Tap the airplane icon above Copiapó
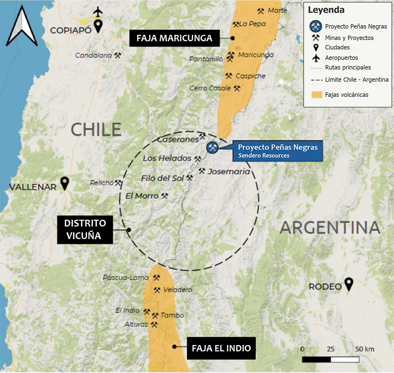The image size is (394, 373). pyautogui.click(x=98, y=12)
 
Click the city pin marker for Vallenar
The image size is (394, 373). pyautogui.click(x=65, y=184)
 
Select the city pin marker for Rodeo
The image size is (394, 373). pyautogui.click(x=348, y=284)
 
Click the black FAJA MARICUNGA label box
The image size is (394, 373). pyautogui.click(x=174, y=38)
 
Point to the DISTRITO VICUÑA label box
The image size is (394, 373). pyautogui.click(x=85, y=230)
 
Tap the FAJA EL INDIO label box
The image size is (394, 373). pyautogui.click(x=221, y=348)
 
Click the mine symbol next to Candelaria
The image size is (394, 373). pyautogui.click(x=117, y=56)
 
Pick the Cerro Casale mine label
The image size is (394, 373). pyautogui.click(x=210, y=88)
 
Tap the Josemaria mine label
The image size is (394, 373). pyautogui.click(x=229, y=172)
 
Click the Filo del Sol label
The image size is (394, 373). pyautogui.click(x=162, y=178)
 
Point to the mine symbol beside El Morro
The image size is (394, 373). pyautogui.click(x=165, y=195)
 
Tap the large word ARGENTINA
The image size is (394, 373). pyautogui.click(x=330, y=228)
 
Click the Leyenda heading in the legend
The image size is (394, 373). pyautogui.click(x=326, y=10)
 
